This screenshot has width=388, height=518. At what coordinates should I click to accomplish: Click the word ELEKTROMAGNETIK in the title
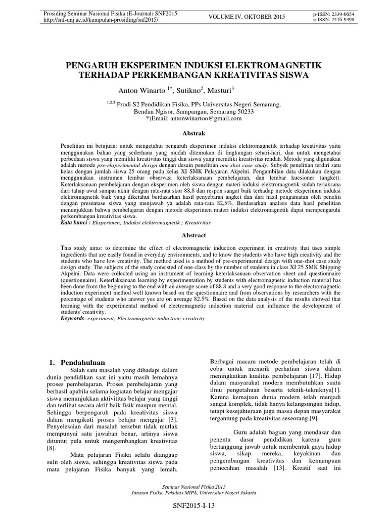[x=272, y=66]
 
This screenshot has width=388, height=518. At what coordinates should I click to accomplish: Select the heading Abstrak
[x=193, y=133]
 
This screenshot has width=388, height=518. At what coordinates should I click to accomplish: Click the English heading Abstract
[x=193, y=235]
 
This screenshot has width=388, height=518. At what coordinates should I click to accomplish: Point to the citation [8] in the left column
[x=52, y=448]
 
